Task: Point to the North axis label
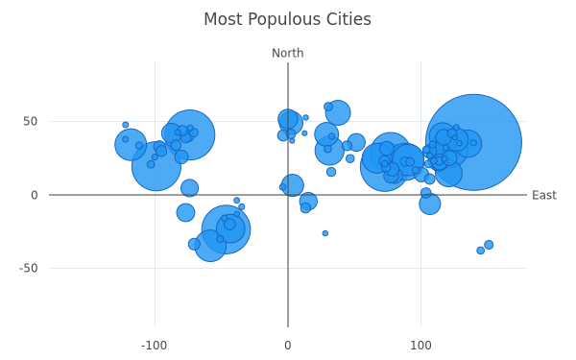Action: coord(288,53)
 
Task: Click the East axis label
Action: coord(544,195)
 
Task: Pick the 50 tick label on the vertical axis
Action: coord(30,121)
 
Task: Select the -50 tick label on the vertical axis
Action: coord(28,268)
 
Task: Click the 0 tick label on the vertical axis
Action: coord(35,195)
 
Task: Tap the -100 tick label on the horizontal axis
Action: coord(154,346)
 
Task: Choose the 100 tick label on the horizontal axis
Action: coord(420,346)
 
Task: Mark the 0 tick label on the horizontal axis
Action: coord(288,346)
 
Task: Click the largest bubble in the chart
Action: coord(473,142)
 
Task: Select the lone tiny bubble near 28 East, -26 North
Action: coord(325,233)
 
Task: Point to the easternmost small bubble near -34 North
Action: coord(489,245)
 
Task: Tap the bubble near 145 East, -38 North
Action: coord(481,251)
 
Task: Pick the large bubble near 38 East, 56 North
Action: coord(338,112)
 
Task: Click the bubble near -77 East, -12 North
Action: coord(185,212)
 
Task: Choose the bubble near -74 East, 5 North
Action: coord(189,188)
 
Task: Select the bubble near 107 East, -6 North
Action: coord(430,204)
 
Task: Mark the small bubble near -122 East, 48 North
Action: coord(125,125)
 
